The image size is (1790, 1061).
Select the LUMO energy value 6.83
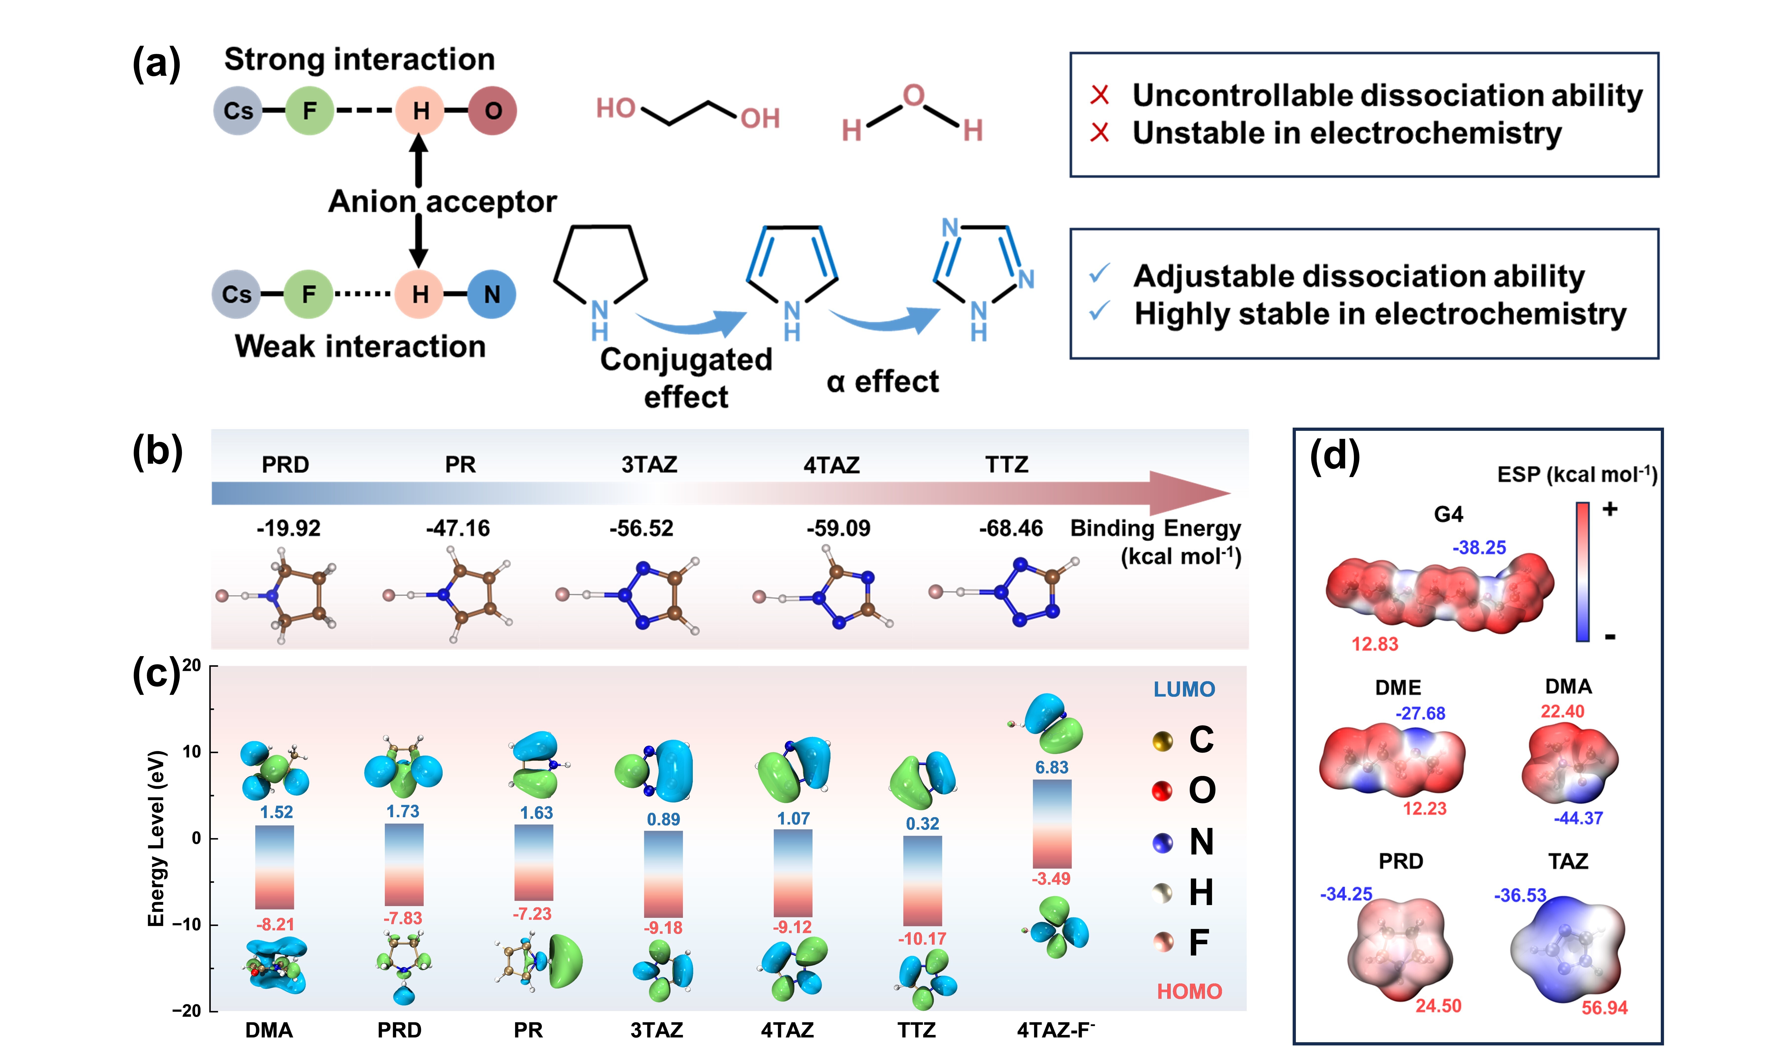(1052, 767)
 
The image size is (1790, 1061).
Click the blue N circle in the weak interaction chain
(492, 294)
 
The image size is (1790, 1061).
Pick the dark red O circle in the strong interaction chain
(493, 111)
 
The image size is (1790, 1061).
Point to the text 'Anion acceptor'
(442, 202)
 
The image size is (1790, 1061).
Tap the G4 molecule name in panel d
(1448, 514)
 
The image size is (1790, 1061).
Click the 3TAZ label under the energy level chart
(656, 1030)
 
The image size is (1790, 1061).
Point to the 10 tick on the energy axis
(191, 751)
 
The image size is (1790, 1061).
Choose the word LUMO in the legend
(1184, 689)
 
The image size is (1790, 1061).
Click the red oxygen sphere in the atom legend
(1162, 791)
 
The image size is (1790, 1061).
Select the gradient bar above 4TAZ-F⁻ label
(1052, 824)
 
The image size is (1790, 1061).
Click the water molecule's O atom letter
(913, 95)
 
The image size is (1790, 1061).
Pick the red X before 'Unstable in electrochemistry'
(1099, 133)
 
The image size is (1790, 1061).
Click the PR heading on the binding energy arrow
(460, 465)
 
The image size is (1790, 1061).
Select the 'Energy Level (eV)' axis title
(156, 838)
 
